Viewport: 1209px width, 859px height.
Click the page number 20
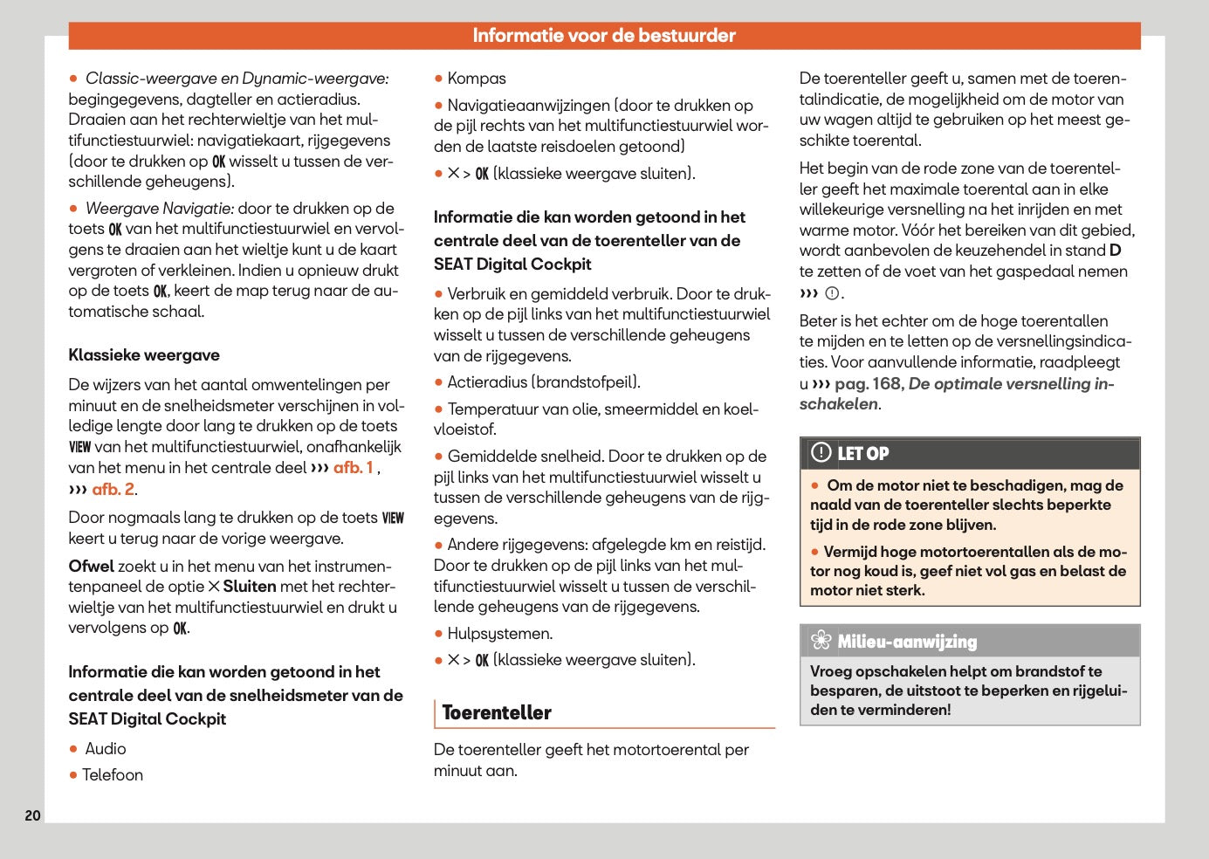[32, 815]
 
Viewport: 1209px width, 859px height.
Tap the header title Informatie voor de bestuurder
[604, 36]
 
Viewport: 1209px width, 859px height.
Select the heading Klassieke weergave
[144, 355]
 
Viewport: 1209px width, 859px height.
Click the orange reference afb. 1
[354, 468]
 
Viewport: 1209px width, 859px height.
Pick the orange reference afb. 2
[113, 489]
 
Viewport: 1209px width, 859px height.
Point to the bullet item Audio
[105, 749]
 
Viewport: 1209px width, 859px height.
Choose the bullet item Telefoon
[112, 775]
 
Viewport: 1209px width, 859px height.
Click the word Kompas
[477, 79]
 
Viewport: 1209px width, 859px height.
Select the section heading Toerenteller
[497, 712]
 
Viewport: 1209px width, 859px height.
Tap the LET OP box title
[863, 453]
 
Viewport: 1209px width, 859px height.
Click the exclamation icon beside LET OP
[821, 452]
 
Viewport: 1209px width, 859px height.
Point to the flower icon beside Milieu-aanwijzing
[821, 641]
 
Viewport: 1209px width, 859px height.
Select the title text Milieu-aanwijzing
[907, 642]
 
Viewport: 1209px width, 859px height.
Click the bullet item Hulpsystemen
[499, 634]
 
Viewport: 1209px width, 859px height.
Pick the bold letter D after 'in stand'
[1115, 251]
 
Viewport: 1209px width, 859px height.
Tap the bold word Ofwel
[92, 567]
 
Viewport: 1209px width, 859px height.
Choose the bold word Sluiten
[249, 587]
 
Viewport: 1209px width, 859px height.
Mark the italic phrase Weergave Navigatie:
[160, 209]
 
